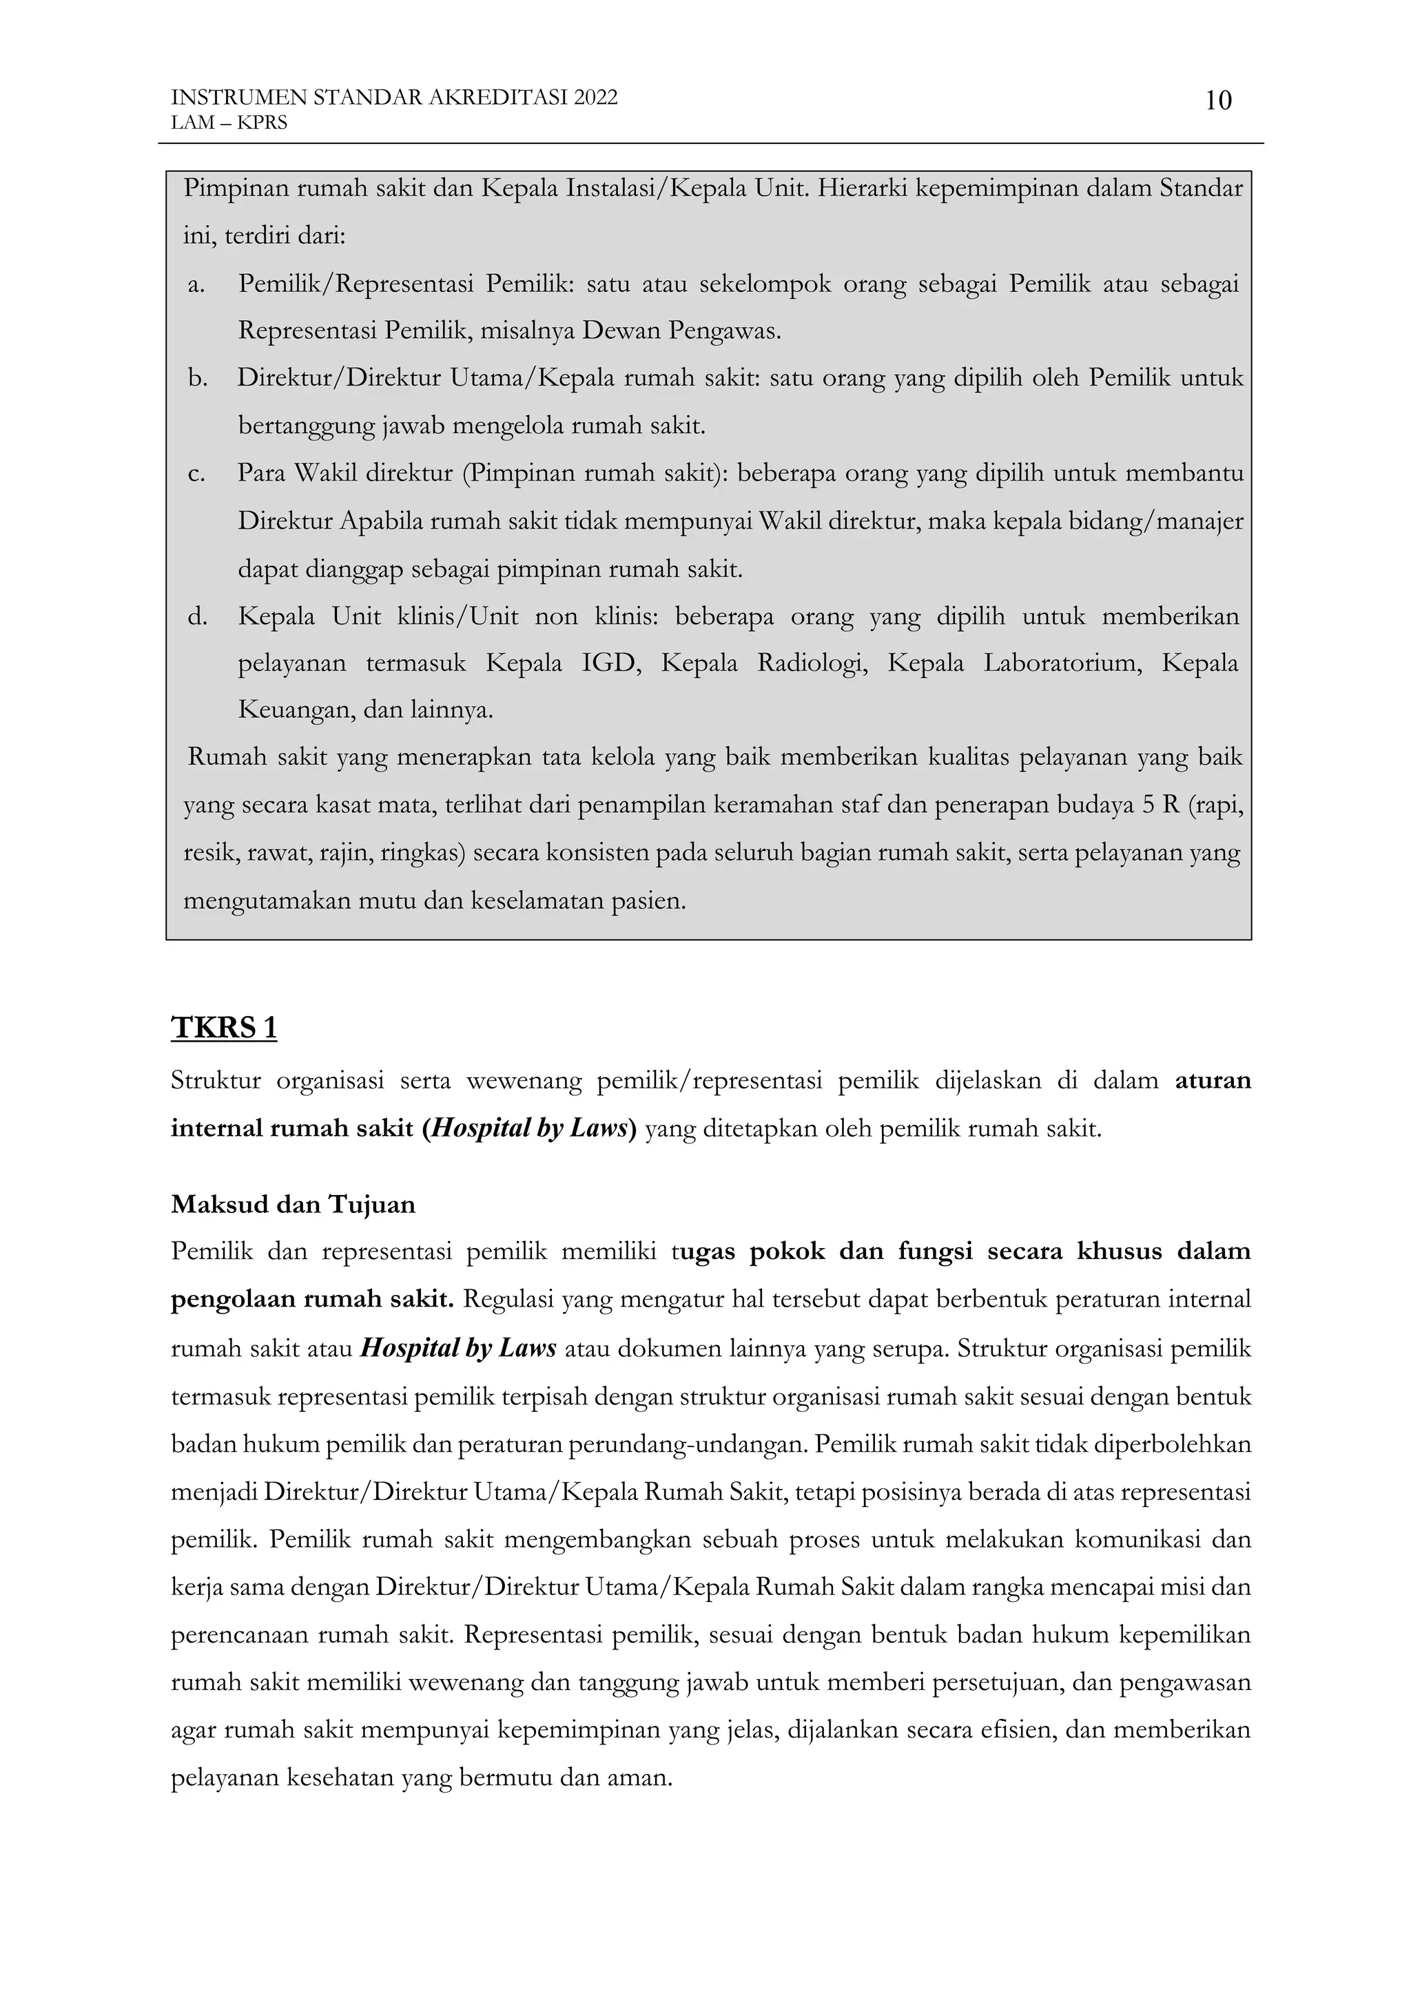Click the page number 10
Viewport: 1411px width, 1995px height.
click(1218, 102)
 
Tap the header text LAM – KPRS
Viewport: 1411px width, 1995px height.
click(229, 123)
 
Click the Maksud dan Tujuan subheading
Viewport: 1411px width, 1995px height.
click(293, 1204)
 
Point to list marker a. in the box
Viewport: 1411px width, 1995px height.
click(196, 284)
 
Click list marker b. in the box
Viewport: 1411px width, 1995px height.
click(197, 379)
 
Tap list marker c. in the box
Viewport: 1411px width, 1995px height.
click(196, 474)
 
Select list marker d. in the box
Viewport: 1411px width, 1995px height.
click(197, 617)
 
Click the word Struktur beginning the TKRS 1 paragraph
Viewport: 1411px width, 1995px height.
click(216, 1081)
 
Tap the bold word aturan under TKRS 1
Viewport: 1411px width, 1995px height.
click(1213, 1081)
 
